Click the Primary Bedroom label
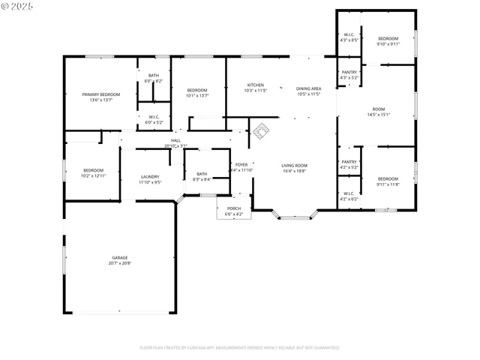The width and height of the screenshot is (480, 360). click(100, 97)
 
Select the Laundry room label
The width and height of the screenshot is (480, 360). click(150, 178)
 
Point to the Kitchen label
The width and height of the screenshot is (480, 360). click(256, 88)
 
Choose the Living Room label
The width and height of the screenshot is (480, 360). click(294, 168)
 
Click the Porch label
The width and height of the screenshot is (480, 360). click(234, 211)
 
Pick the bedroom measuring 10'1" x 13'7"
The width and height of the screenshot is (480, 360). click(197, 92)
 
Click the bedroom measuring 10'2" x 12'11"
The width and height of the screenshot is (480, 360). click(93, 172)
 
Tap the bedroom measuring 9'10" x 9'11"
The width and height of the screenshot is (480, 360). click(388, 41)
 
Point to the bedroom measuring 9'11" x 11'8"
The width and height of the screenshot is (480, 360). click(388, 181)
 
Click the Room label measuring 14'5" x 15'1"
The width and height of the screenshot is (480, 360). click(378, 112)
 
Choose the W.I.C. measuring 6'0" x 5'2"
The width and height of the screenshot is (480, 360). click(153, 119)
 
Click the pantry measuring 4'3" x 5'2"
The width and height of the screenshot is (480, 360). click(349, 75)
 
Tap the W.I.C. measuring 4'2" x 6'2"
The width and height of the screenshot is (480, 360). click(349, 196)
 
